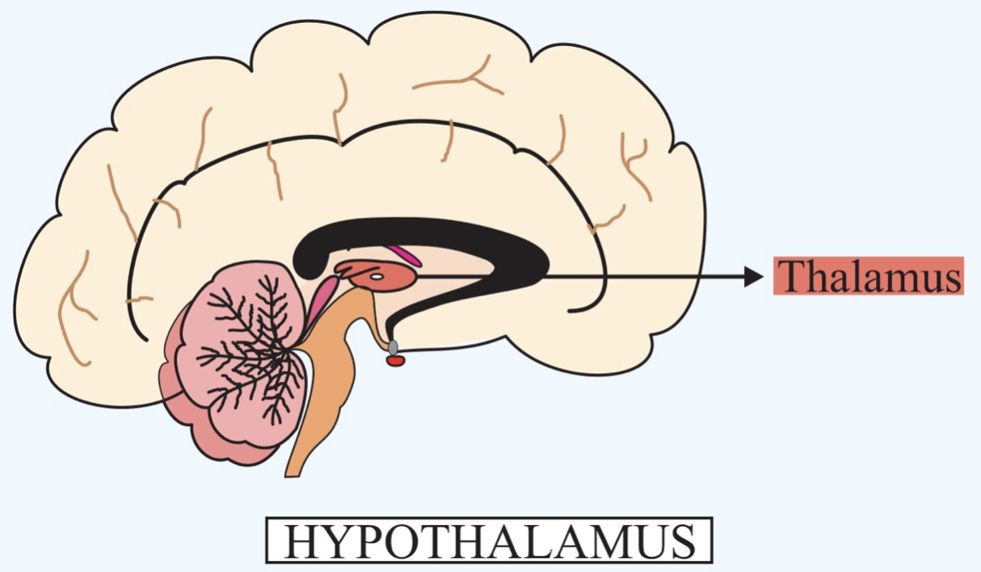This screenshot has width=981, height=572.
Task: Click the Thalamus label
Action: tap(868, 276)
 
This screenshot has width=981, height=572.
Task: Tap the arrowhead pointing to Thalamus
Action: tap(753, 276)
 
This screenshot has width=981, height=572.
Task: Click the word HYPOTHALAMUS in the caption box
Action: tap(488, 540)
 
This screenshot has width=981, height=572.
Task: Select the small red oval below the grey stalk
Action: tap(395, 360)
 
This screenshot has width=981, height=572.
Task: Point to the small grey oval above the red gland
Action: tap(393, 347)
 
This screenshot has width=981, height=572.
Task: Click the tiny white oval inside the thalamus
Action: tap(375, 276)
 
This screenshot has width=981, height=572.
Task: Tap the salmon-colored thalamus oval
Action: tap(389, 278)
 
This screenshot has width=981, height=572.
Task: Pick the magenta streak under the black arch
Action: tap(402, 254)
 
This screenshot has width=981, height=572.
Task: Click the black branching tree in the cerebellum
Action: tap(256, 350)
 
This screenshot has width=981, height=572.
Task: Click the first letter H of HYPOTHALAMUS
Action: tap(301, 540)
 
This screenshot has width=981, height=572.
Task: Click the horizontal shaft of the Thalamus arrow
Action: tap(641, 276)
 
